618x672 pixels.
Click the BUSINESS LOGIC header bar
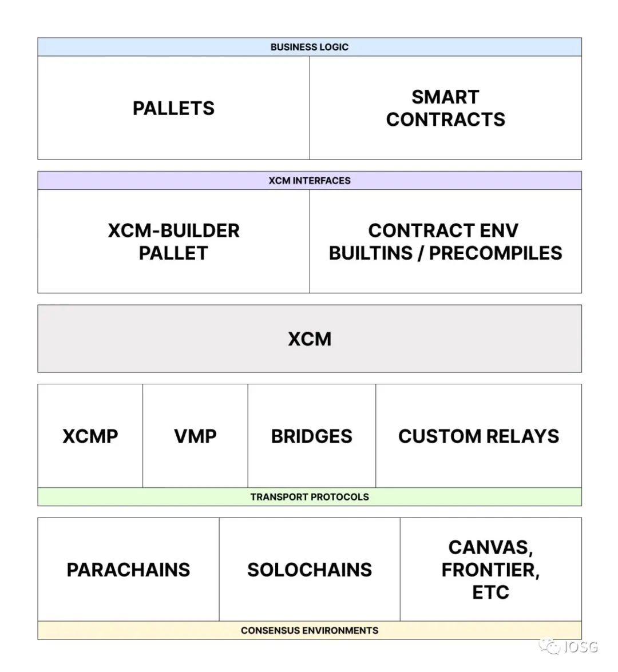(x=309, y=47)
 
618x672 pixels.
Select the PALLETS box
(x=173, y=108)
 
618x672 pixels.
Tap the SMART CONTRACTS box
(x=445, y=108)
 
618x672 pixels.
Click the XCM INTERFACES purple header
(x=309, y=181)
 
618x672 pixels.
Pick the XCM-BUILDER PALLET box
(x=173, y=241)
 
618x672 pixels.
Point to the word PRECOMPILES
(x=496, y=253)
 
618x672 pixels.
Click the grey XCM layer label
(x=309, y=339)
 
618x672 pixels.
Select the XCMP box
(x=90, y=436)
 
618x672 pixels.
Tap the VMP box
(x=195, y=436)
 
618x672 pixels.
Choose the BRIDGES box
(x=311, y=436)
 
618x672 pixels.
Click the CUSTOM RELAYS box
(x=478, y=436)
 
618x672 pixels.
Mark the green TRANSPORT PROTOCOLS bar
(x=309, y=497)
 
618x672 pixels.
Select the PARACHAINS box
(x=128, y=570)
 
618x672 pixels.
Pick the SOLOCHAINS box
(x=309, y=570)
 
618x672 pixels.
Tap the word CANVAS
(x=489, y=547)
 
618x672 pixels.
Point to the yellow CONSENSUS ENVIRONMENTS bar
(x=309, y=630)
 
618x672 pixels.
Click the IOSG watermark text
(x=580, y=647)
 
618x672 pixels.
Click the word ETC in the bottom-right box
(x=490, y=592)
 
